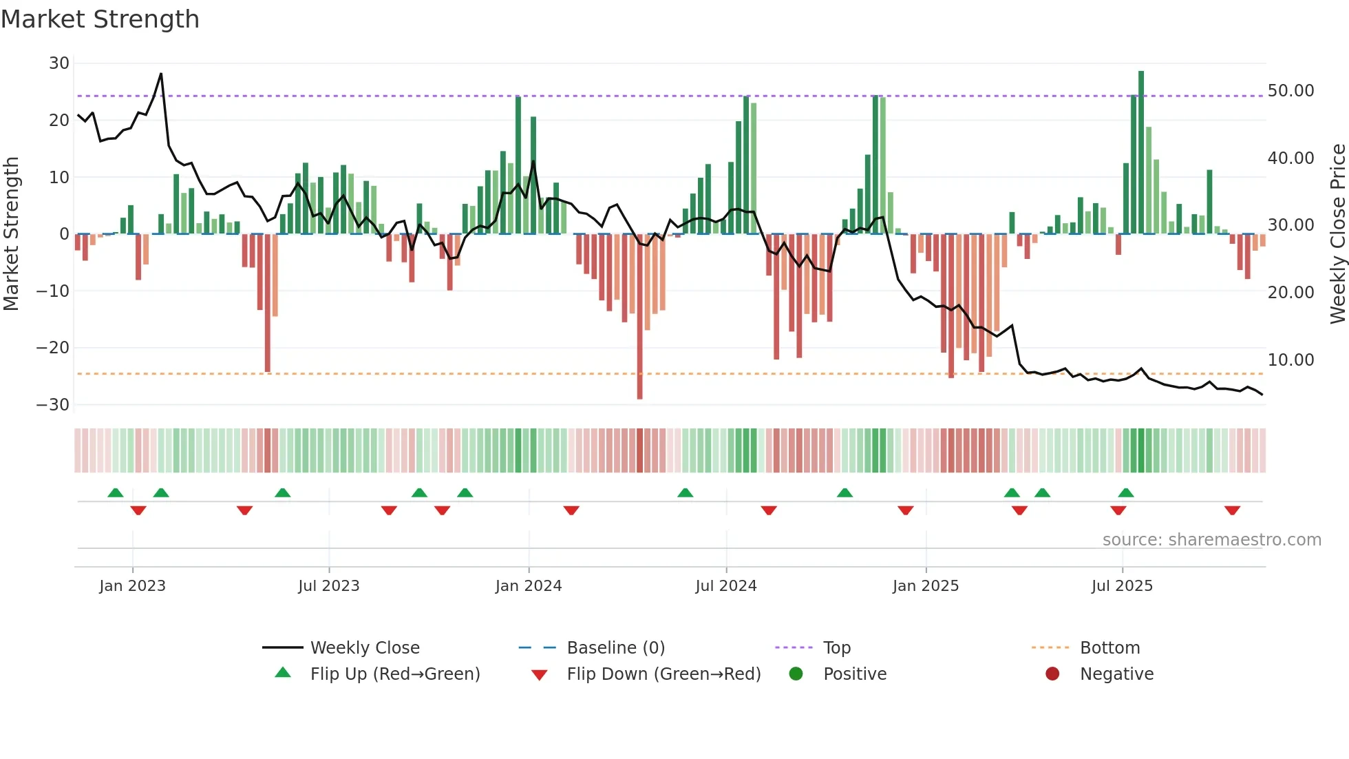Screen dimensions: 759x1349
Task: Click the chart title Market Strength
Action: [100, 19]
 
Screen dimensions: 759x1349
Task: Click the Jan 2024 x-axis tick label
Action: [528, 586]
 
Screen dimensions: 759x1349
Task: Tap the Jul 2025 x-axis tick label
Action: [1121, 586]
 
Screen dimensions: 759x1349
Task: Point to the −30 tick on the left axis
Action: [53, 405]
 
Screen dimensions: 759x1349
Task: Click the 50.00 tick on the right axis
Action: [1290, 91]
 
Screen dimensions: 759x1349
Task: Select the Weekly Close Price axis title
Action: [1337, 234]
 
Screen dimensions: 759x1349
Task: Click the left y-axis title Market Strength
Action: [11, 234]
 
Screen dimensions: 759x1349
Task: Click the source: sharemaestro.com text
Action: [1211, 540]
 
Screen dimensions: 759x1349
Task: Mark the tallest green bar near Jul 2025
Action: [1141, 152]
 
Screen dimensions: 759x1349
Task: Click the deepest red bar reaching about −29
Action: [639, 317]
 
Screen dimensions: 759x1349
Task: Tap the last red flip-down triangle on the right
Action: [1232, 510]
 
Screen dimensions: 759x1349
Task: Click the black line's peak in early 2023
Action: [161, 74]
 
